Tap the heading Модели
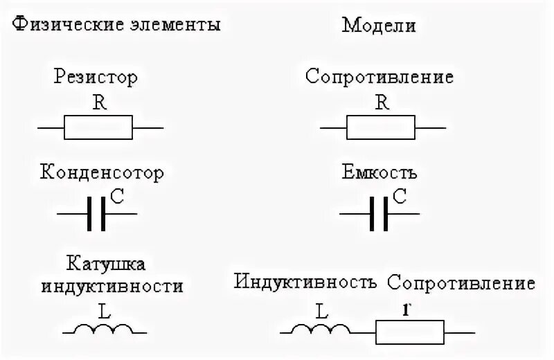(379, 27)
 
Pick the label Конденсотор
(102, 171)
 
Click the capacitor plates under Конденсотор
(96, 215)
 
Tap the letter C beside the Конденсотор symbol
(116, 197)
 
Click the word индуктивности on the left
(113, 285)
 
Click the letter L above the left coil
(105, 312)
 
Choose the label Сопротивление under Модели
(379, 76)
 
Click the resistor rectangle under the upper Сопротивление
(381, 128)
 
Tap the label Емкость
(379, 171)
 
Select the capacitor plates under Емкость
(379, 215)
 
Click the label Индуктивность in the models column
(305, 282)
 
